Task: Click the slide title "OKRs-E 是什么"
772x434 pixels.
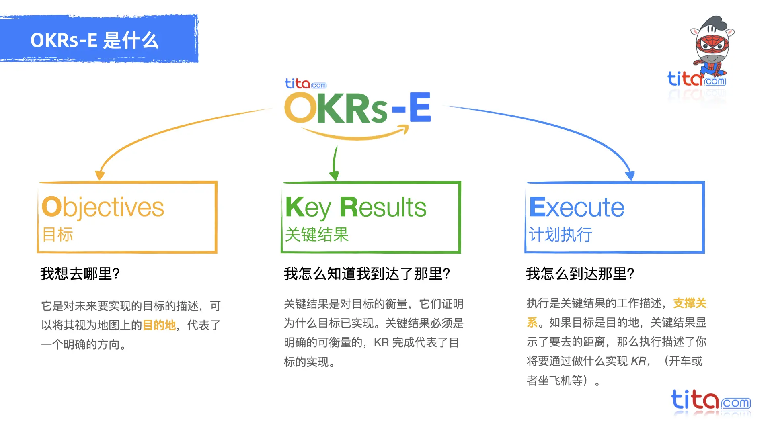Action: point(95,40)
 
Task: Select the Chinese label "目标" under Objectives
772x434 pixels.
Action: point(58,234)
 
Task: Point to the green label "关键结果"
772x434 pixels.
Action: point(317,234)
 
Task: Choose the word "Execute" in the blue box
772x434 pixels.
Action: point(577,207)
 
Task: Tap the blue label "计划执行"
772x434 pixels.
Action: point(561,234)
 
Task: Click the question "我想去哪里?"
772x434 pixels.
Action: point(80,274)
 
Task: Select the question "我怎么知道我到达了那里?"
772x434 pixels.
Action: point(367,274)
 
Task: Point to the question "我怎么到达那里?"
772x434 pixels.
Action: point(580,274)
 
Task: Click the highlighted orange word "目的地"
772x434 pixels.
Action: point(160,325)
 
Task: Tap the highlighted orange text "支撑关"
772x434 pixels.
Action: point(690,303)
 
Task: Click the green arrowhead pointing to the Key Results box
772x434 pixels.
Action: point(334,175)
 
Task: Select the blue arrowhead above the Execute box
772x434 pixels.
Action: point(630,176)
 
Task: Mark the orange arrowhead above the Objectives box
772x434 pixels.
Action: point(100,176)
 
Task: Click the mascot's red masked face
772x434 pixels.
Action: point(712,44)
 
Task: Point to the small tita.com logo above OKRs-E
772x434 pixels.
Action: point(306,84)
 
